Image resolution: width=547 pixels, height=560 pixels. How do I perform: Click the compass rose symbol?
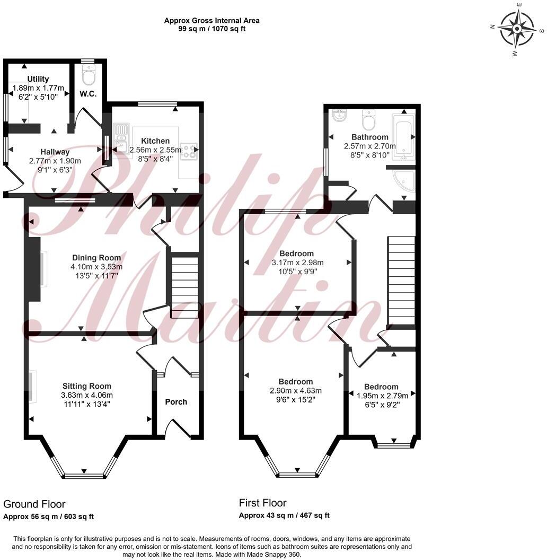point(517,30)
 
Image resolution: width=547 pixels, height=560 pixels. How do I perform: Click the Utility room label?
point(38,79)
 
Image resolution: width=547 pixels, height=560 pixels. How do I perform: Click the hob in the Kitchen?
point(189,151)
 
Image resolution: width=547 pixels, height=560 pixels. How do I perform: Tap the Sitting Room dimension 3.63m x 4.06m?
point(87,395)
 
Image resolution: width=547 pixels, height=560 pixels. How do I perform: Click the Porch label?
point(176,401)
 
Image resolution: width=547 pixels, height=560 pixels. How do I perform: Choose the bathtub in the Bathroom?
point(403,136)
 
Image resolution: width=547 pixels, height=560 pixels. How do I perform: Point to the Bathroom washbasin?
point(338,115)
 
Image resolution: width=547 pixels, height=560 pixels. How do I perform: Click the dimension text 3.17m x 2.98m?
point(297,262)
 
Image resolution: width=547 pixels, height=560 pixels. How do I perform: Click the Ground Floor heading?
point(34,504)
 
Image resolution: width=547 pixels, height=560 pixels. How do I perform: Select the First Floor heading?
point(262,503)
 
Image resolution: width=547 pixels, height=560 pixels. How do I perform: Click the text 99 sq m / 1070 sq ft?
point(211,29)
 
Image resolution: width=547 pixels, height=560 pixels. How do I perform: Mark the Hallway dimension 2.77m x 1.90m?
point(55,161)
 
